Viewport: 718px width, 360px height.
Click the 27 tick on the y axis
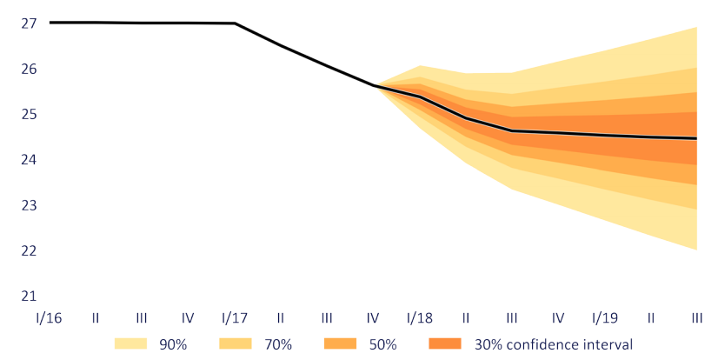[x=29, y=23]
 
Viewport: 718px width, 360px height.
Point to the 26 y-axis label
[x=29, y=69]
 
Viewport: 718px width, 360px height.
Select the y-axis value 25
[x=29, y=114]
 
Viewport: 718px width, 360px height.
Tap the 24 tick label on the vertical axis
[x=29, y=160]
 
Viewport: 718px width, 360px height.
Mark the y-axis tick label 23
[x=29, y=205]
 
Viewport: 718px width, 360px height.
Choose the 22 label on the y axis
[x=29, y=250]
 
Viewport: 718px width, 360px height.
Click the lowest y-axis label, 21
[x=29, y=296]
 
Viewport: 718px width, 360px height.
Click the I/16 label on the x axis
[x=50, y=318]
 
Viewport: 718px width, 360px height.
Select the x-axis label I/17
[x=235, y=318]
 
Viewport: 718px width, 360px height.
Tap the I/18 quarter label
[x=420, y=318]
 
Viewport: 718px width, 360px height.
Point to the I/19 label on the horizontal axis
[x=604, y=318]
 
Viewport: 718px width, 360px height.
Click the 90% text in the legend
[x=174, y=344]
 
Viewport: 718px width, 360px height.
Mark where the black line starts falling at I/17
[x=235, y=23]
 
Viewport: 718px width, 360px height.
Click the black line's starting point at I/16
[x=50, y=23]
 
